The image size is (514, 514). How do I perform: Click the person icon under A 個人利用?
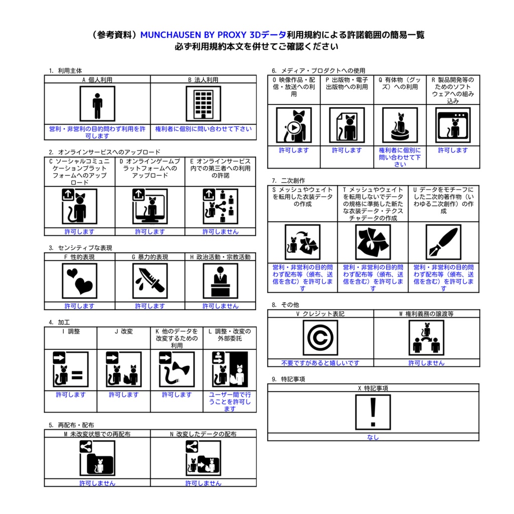(x=97, y=103)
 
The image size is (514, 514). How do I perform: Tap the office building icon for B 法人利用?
(x=203, y=103)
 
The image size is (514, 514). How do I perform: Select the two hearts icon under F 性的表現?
(x=80, y=281)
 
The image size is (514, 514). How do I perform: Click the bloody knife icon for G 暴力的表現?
(x=150, y=281)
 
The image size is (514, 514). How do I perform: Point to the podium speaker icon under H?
(x=220, y=281)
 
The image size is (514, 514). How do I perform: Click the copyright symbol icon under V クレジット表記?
(x=320, y=338)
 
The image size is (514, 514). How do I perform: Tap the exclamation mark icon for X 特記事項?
(x=373, y=412)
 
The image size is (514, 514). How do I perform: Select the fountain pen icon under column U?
(x=443, y=242)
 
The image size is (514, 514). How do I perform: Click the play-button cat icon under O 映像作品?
(x=294, y=125)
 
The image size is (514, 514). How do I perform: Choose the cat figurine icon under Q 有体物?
(x=400, y=125)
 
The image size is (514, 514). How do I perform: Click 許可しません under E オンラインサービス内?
(x=220, y=232)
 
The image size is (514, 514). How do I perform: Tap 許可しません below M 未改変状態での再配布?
(x=97, y=483)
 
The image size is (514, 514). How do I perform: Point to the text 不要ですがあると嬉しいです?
(x=320, y=363)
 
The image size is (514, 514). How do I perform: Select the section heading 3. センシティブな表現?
(x=80, y=248)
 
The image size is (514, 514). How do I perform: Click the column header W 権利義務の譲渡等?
(x=426, y=314)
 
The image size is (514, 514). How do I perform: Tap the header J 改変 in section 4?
(x=123, y=331)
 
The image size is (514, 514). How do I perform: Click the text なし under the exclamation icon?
(x=373, y=437)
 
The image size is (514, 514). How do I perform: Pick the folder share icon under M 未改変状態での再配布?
(x=97, y=458)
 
